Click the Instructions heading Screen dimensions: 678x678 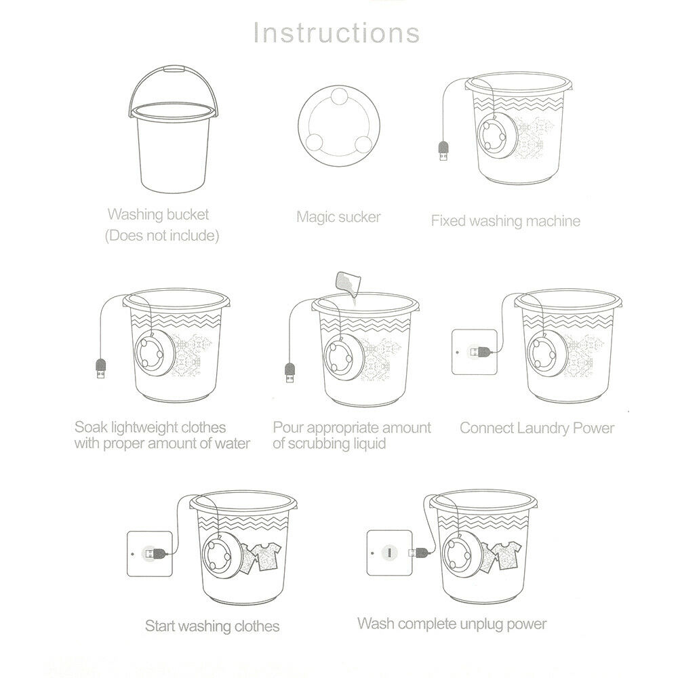tap(336, 33)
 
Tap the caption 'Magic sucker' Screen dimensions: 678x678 tap(338, 217)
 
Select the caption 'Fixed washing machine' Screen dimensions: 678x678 tap(506, 220)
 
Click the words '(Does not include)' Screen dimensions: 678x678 tap(161, 237)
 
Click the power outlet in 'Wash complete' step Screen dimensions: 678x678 tap(391, 553)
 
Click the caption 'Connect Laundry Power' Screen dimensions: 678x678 tap(537, 428)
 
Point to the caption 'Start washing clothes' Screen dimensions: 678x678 tap(212, 625)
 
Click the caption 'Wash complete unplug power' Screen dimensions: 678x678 tap(452, 622)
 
